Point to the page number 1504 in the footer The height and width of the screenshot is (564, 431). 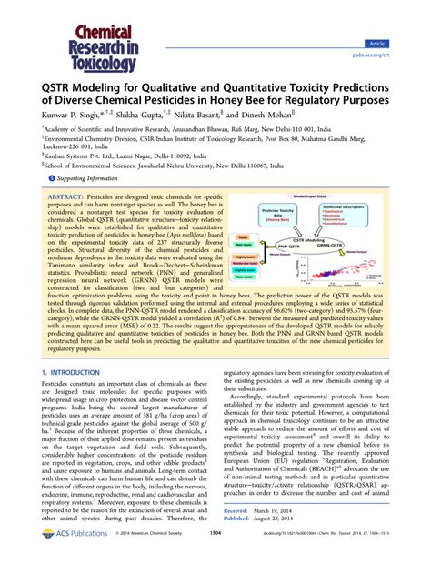tap(215, 546)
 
